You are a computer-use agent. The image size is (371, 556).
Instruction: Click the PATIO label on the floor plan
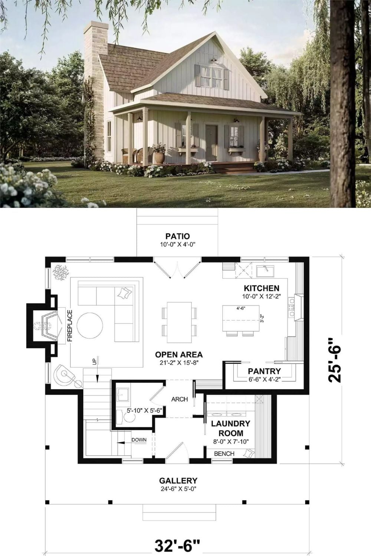[177, 236]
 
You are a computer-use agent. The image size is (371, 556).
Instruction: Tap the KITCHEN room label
[262, 288]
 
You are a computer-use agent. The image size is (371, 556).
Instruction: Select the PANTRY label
[264, 371]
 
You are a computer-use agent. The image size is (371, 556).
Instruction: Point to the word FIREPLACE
[70, 325]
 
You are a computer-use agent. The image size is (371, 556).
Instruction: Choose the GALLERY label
[178, 481]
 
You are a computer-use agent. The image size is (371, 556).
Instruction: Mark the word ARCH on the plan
[180, 399]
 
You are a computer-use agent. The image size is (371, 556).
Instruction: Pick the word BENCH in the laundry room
[224, 454]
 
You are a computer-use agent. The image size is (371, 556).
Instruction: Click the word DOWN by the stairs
[139, 440]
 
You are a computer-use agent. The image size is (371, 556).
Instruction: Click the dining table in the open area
[179, 322]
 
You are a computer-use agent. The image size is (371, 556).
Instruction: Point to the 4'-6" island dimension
[241, 308]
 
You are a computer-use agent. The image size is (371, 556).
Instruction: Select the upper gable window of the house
[211, 76]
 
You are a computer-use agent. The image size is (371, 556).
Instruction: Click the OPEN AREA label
[179, 354]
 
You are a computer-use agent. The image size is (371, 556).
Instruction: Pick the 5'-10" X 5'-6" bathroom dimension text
[145, 411]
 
